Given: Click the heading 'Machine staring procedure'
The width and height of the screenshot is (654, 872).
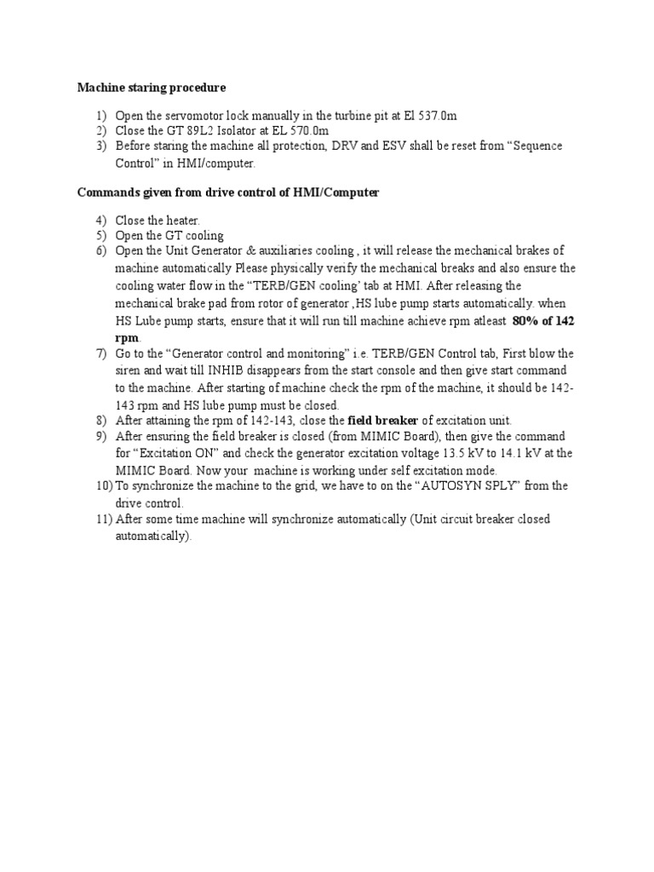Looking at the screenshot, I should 152,87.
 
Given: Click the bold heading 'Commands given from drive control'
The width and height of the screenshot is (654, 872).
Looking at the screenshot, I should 227,192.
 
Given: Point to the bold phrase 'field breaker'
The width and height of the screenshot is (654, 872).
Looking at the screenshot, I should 383,420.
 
